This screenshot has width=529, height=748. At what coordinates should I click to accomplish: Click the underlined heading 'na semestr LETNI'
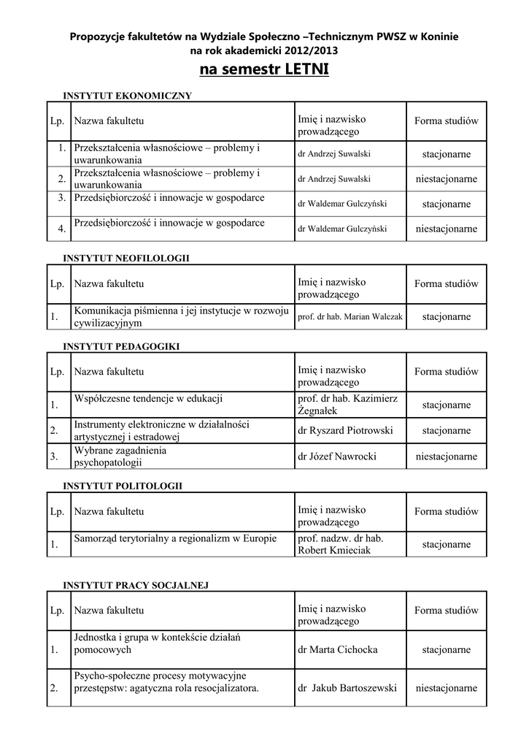click(x=264, y=70)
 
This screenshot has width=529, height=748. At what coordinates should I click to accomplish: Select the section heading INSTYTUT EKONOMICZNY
click(x=127, y=95)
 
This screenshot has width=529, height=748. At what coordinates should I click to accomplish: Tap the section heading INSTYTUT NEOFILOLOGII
click(x=126, y=258)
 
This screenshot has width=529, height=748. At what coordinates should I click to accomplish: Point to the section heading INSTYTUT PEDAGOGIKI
click(x=121, y=346)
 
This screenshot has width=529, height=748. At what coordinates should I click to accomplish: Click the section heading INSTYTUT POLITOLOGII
click(x=123, y=485)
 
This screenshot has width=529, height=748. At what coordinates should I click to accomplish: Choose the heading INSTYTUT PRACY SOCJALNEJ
click(x=136, y=584)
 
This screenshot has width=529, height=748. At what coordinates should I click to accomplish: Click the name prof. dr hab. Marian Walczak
click(x=350, y=317)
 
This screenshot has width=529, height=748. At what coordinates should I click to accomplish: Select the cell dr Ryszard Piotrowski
click(x=345, y=431)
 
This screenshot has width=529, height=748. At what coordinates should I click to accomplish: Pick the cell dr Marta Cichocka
click(x=338, y=649)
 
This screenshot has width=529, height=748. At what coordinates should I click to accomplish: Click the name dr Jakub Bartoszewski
click(x=347, y=688)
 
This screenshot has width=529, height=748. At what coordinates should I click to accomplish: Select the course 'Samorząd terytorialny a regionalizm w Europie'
click(x=175, y=539)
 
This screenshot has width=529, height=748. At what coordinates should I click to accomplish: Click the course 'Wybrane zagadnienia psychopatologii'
click(x=120, y=457)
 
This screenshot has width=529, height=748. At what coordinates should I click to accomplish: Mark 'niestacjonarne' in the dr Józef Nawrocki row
click(x=447, y=457)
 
